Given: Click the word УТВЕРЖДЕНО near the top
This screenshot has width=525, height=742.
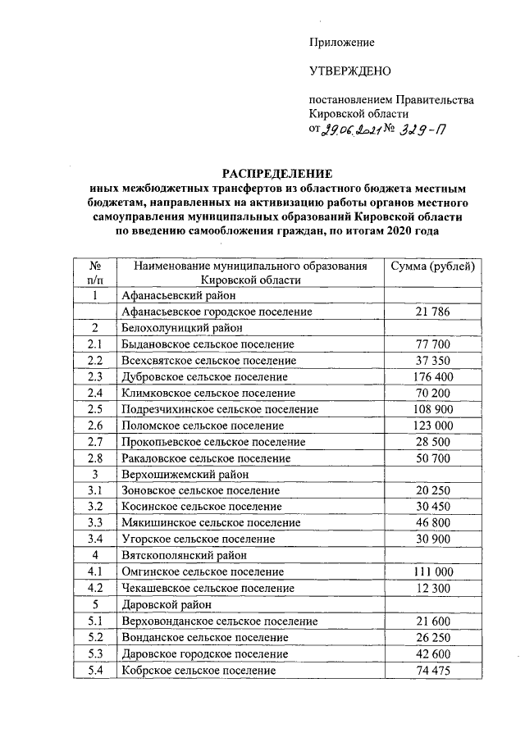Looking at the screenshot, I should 345,71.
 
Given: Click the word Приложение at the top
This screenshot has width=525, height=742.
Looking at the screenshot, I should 342,42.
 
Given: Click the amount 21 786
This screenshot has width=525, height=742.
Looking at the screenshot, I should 433,312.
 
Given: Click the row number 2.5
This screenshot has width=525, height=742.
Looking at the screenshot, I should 95,409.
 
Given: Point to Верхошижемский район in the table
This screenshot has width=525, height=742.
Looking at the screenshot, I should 180,474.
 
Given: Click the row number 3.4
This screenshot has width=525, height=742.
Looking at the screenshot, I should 95,539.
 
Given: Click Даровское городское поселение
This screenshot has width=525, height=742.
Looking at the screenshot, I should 204,653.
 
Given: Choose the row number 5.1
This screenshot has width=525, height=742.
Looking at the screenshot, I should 95,621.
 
